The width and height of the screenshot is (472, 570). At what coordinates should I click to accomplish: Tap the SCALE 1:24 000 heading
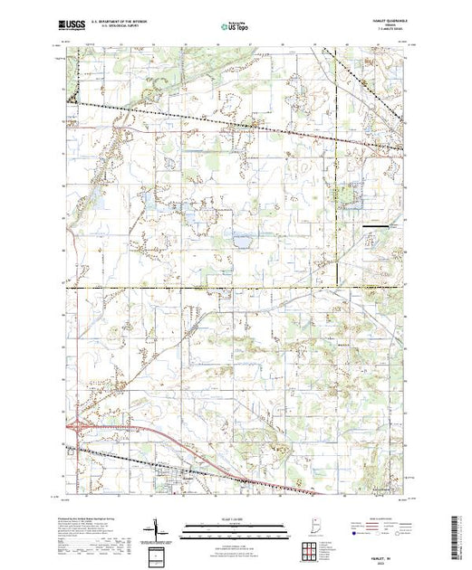point(230,518)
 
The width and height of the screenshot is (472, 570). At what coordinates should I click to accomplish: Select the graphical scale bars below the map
point(230,527)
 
